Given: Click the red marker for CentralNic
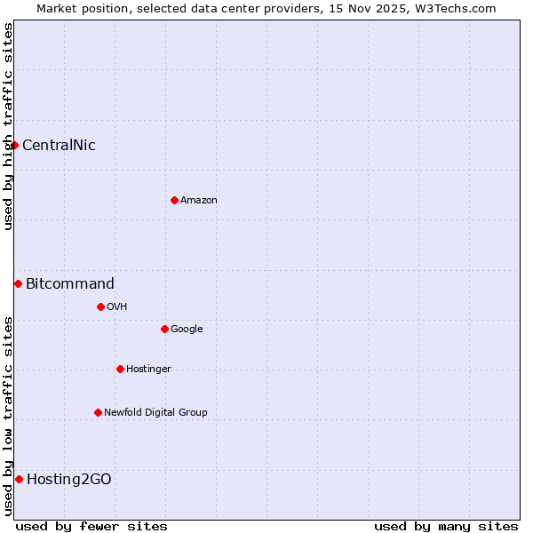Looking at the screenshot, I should pos(14,145).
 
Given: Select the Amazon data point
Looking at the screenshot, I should pos(174,200).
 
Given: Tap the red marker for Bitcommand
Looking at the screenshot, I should pos(18,283).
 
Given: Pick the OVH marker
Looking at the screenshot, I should pos(100,306).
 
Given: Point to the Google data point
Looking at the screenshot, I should pos(164,329).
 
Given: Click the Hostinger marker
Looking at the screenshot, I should pos(120,369).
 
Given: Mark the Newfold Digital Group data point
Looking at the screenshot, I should pos(98,412).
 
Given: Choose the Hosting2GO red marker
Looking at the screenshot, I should pos(19,479).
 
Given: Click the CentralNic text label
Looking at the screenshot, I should pos(59,146).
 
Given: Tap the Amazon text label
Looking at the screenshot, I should pos(199,201).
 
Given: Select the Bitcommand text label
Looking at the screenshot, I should pos(70,284).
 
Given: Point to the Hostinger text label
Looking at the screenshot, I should pos(148,370).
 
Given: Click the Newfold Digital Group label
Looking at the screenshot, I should pos(155,412).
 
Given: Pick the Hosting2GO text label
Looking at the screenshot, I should pos(69,480).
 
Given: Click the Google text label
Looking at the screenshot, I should pos(187,330).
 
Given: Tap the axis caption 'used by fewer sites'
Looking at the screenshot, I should pos(91,526).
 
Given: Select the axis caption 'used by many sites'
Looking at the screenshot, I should pos(446,526).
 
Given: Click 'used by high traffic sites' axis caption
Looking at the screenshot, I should pos(8,126).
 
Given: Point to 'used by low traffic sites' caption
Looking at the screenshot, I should pos(8,416).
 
